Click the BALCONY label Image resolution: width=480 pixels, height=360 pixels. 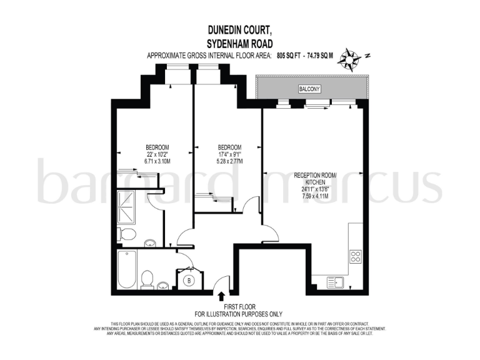pyautogui.click(x=309, y=89)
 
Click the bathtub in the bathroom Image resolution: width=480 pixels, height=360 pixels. pyautogui.click(x=127, y=269)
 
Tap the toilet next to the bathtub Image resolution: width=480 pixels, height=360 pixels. pyautogui.click(x=147, y=279)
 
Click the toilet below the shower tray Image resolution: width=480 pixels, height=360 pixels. pyautogui.click(x=127, y=235)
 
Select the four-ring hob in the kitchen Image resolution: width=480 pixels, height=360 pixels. pyautogui.click(x=355, y=257)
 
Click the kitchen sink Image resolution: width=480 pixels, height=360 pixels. pyautogui.click(x=336, y=283)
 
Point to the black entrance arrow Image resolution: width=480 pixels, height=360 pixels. pyautogui.click(x=222, y=296)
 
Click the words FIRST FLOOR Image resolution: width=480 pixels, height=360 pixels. pyautogui.click(x=239, y=306)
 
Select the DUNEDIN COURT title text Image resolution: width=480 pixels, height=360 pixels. pyautogui.click(x=239, y=29)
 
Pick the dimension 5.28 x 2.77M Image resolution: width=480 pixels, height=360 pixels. pyautogui.click(x=225, y=161)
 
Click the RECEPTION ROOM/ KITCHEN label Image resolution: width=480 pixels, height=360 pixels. pyautogui.click(x=315, y=179)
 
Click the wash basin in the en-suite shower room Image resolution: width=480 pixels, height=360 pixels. pyautogui.click(x=150, y=244)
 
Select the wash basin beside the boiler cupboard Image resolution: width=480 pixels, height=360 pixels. pyautogui.click(x=164, y=286)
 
